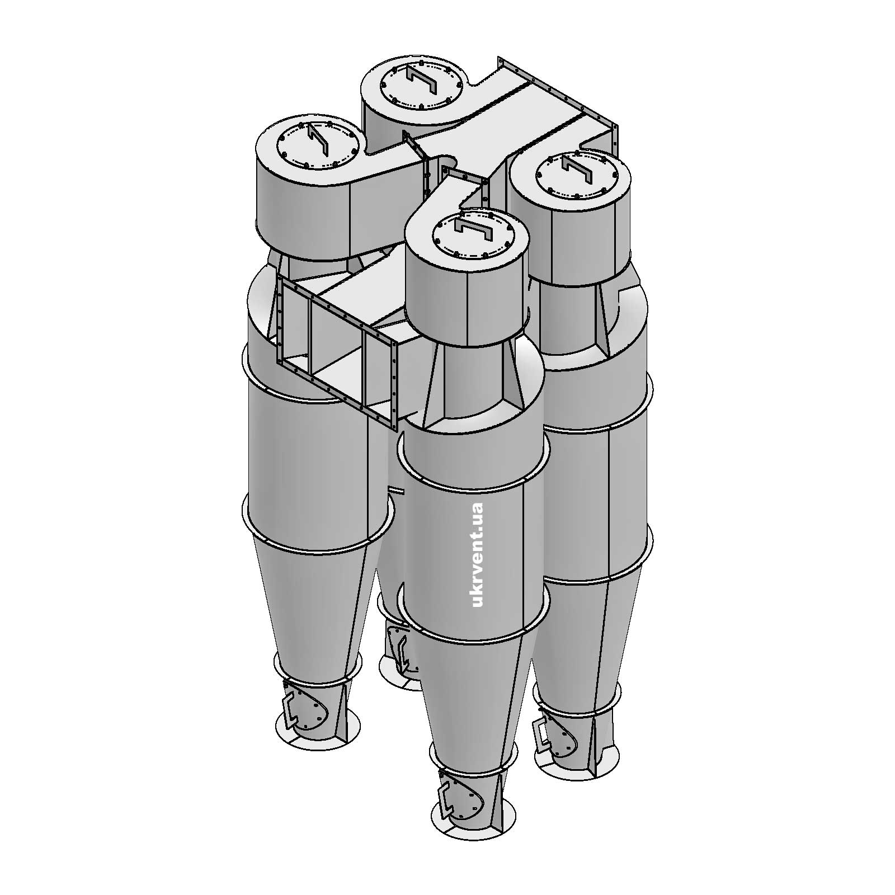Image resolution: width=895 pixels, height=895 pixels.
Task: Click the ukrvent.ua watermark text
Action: [477, 554]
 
